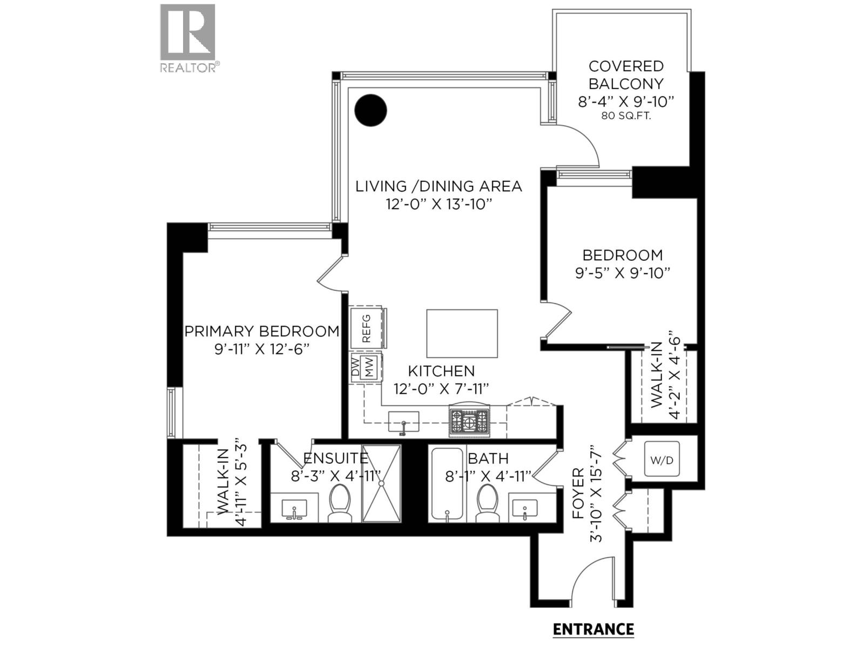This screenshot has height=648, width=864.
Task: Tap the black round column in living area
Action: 370,110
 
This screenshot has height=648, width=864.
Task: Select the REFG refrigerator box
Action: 367,328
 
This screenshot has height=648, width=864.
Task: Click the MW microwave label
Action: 370,368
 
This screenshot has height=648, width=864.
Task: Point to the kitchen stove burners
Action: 469,420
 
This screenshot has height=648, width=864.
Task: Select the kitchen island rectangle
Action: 462,333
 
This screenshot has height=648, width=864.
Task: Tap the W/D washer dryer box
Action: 661,460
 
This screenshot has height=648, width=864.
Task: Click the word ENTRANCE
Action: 593,629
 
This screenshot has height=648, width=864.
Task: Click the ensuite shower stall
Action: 381,484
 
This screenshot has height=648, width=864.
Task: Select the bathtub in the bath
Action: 446,484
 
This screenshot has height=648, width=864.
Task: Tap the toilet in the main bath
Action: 487,502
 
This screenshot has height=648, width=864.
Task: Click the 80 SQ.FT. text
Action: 626,116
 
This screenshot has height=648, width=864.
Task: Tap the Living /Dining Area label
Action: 438,186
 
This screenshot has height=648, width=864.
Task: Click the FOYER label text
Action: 578,493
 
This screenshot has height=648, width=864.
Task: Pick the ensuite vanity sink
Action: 294,509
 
